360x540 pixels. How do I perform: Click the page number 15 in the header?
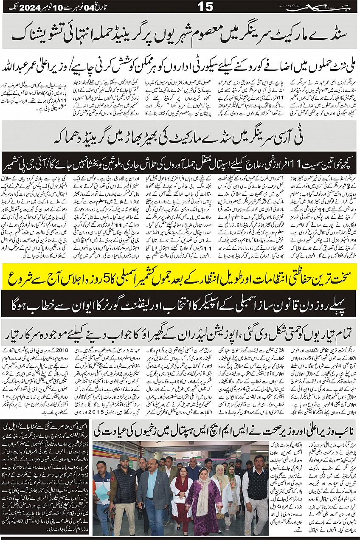tap(205, 7)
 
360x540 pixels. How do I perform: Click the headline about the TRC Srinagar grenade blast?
tap(180, 139)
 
